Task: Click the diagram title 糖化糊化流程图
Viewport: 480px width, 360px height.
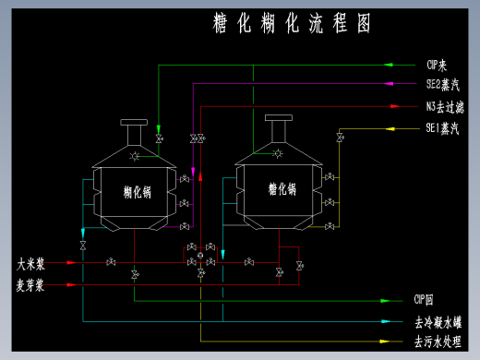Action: tap(291, 24)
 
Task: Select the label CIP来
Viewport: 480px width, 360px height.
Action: tap(437, 66)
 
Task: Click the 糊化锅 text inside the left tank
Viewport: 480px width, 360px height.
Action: tap(138, 192)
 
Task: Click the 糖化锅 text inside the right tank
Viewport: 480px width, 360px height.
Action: tap(282, 189)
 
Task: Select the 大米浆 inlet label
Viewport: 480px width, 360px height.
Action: tap(30, 263)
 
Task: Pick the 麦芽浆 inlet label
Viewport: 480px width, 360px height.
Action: tap(30, 285)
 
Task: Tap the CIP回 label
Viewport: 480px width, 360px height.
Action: tap(436, 300)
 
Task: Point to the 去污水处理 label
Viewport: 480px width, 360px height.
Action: tap(438, 342)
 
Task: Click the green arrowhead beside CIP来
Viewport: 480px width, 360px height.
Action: tap(389, 66)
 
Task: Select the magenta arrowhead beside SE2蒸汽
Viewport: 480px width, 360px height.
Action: tap(389, 84)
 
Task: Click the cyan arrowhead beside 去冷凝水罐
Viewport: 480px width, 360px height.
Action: tap(389, 323)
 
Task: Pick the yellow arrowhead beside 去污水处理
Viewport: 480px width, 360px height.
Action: tap(389, 342)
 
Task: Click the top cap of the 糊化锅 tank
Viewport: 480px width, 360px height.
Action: tap(134, 122)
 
